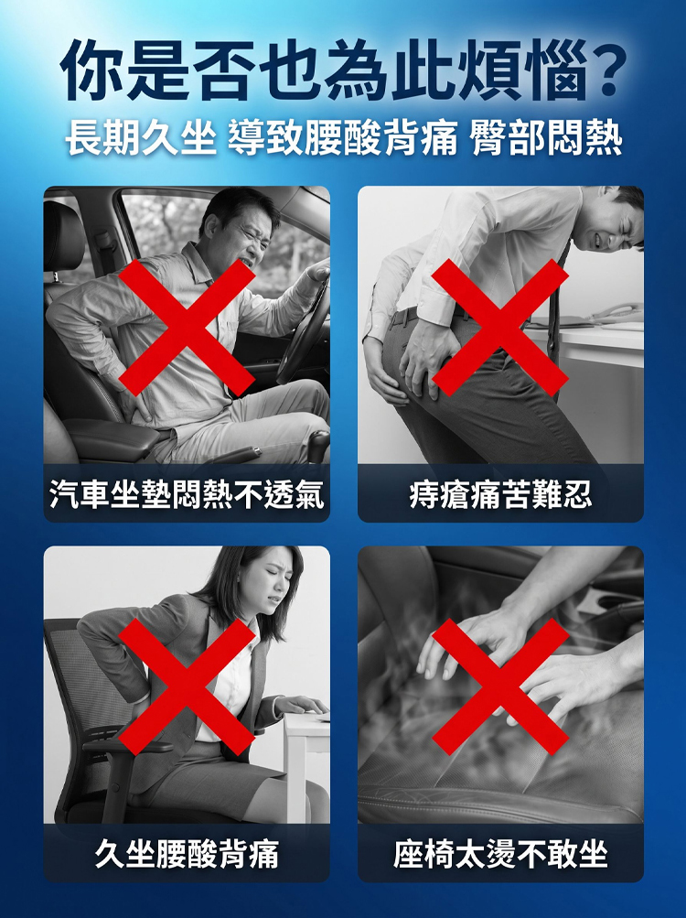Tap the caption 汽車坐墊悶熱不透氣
pyautogui.click(x=187, y=494)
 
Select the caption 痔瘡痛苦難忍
pyautogui.click(x=500, y=494)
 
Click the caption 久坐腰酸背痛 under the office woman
pyautogui.click(x=187, y=854)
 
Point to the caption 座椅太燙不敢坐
pyautogui.click(x=500, y=854)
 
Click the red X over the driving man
pyautogui.click(x=187, y=328)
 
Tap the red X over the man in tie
pyautogui.click(x=500, y=328)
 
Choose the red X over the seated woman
pyautogui.click(x=187, y=686)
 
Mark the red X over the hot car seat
pyautogui.click(x=500, y=686)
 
